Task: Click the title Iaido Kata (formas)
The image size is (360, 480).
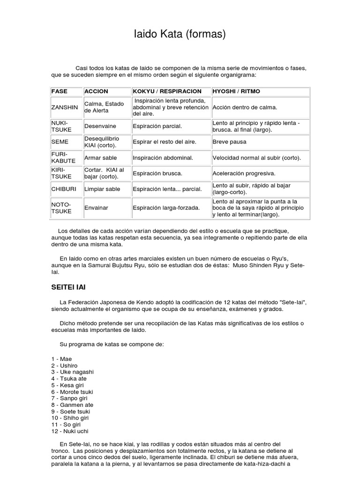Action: pos(180,34)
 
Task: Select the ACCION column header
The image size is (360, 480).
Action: pos(96,91)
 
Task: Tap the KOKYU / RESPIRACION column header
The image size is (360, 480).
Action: pos(167,91)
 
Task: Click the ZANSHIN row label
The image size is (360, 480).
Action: pos(65,107)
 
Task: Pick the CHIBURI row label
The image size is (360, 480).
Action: pos(63,189)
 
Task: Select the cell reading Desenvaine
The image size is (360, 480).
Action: pos(100,127)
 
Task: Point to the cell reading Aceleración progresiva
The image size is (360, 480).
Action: pos(244,173)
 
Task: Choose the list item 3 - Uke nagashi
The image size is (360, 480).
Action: pos(73,372)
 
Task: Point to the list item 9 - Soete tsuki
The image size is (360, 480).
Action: pos(71,412)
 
